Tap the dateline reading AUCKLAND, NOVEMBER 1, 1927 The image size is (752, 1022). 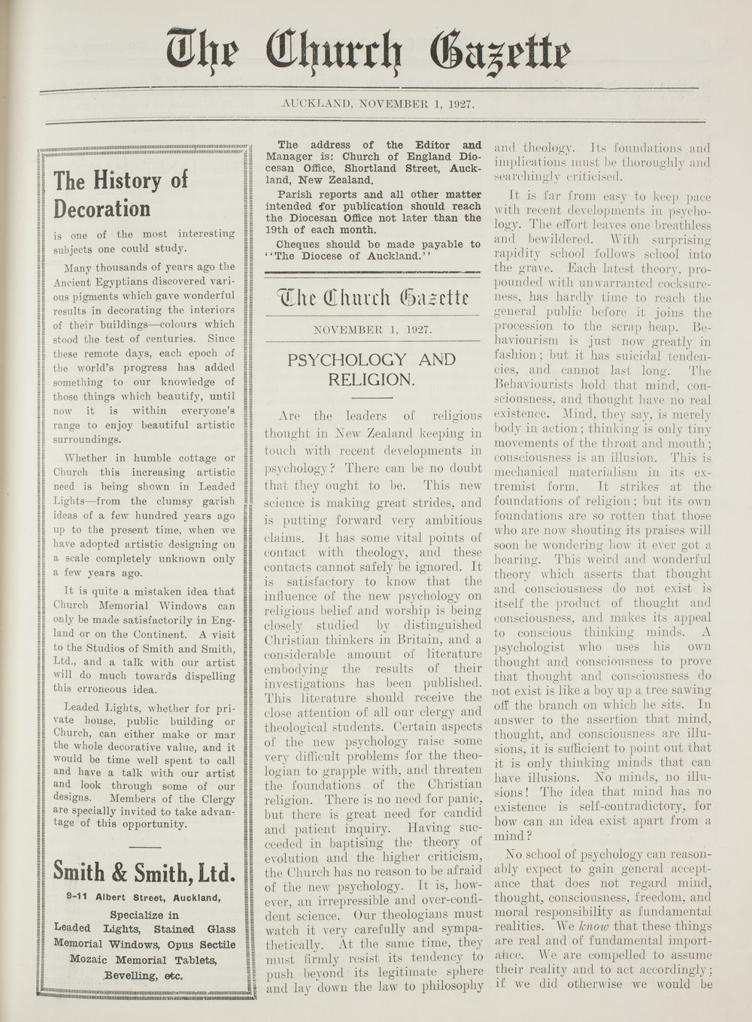377,104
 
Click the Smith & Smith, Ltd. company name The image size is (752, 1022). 144,872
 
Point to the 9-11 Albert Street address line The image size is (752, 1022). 143,897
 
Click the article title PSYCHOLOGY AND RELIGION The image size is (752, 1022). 371,369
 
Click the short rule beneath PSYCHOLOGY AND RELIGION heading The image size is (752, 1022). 371,396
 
